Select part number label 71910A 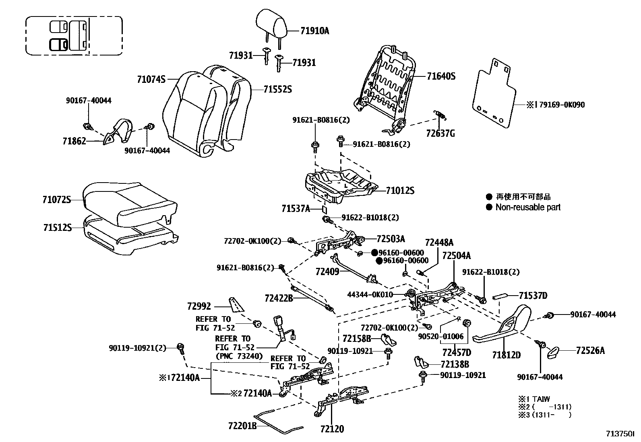point(314,31)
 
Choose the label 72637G point(440,134)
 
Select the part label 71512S point(57,228)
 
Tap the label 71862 point(74,141)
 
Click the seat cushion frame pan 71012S point(340,186)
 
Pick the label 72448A point(439,243)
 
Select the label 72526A point(590,351)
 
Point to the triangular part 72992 point(236,304)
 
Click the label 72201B point(242,426)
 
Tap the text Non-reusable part point(528,208)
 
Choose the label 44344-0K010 point(370,294)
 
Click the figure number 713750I point(620,434)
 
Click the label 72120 point(332,429)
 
